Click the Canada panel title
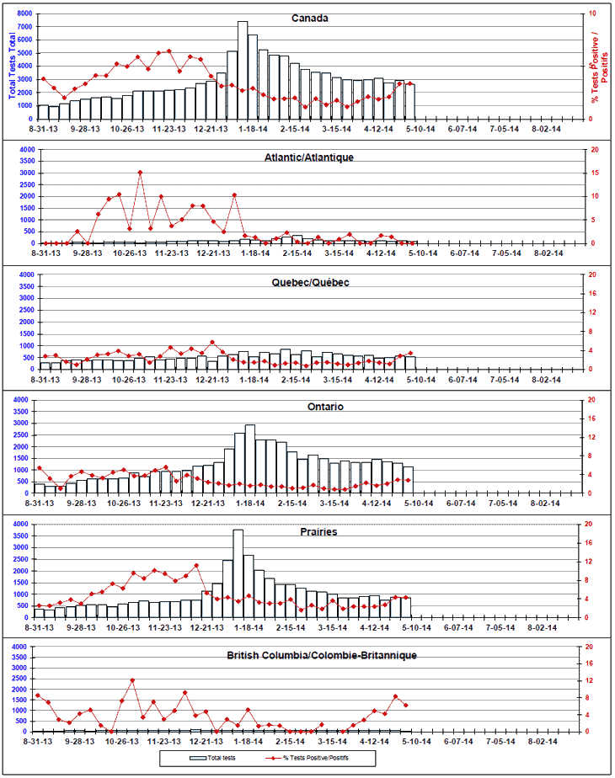[x=309, y=18]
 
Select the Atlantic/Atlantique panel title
[x=309, y=157]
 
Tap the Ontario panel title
[x=309, y=407]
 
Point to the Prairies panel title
[x=309, y=532]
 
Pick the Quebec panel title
[x=309, y=283]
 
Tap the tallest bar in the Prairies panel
[x=238, y=573]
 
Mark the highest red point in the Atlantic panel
[x=140, y=173]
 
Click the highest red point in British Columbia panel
[x=132, y=679]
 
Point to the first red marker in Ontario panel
[x=39, y=468]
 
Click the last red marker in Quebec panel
[x=410, y=353]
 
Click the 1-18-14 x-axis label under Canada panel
[x=251, y=129]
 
